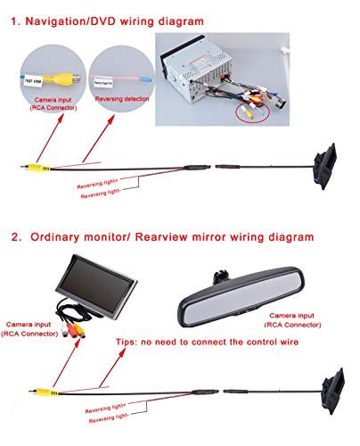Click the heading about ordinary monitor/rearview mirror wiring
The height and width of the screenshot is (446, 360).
(162, 237)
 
